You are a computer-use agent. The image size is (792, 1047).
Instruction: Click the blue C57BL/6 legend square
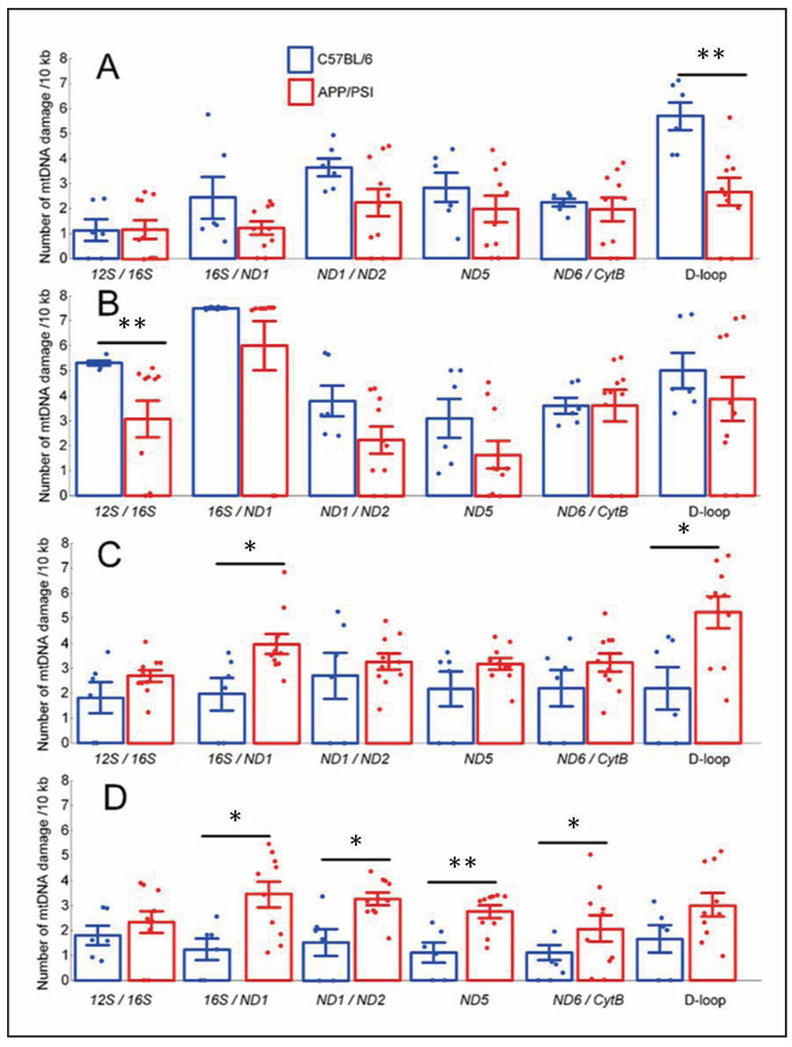tap(300, 59)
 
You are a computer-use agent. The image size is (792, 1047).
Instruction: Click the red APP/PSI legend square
tap(300, 91)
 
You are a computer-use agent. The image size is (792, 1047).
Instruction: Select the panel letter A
tap(107, 68)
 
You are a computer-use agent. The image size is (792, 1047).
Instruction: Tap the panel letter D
tap(115, 798)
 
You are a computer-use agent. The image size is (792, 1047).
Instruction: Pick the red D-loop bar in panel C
tap(718, 677)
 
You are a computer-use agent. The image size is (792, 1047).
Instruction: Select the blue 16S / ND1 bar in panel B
tap(216, 402)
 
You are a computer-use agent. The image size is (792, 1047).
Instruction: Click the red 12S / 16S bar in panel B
tap(148, 457)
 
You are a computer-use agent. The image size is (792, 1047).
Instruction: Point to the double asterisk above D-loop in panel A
tap(711, 55)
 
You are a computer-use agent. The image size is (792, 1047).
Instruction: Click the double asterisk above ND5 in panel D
tap(462, 863)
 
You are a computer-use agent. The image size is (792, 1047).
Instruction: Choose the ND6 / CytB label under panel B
tap(592, 512)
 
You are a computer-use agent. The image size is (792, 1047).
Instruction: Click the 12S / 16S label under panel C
tap(125, 758)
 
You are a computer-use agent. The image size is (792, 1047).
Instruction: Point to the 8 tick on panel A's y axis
tap(64, 58)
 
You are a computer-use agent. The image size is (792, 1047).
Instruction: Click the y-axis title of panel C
tap(44, 643)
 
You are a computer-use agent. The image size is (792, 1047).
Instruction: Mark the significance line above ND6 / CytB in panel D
tap(573, 842)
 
